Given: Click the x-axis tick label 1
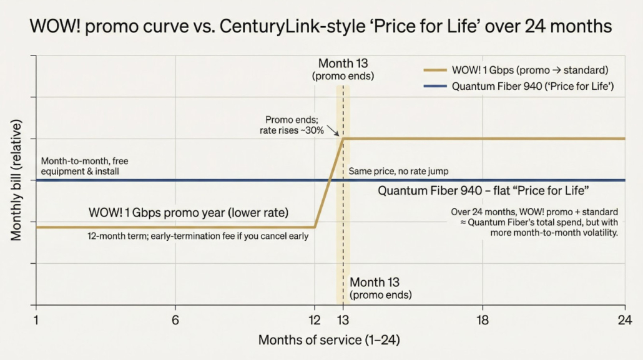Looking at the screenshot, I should pyautogui.click(x=37, y=320).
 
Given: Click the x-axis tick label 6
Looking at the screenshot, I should pyautogui.click(x=175, y=320).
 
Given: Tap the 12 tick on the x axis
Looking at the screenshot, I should pyautogui.click(x=315, y=320).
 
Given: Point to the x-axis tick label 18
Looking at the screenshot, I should pyautogui.click(x=482, y=320).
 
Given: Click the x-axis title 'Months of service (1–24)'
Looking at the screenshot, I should pyautogui.click(x=329, y=341).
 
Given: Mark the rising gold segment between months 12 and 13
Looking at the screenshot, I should pyautogui.click(x=329, y=183).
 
